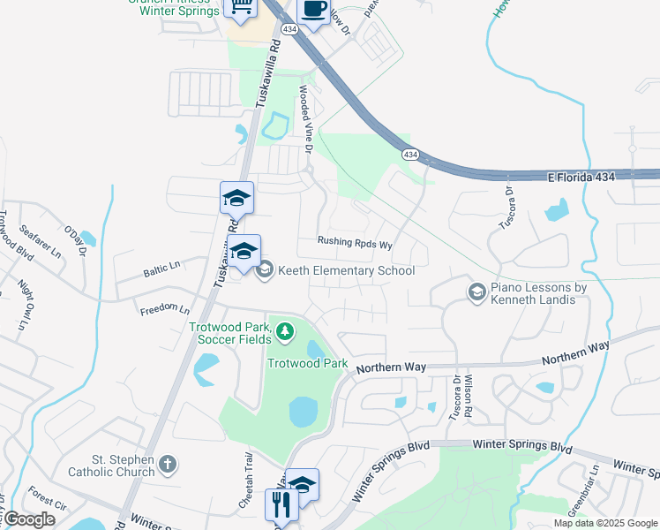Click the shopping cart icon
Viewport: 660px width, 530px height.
coord(242,8)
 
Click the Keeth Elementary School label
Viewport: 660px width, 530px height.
coord(346,270)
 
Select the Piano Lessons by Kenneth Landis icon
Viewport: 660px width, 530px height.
coord(476,291)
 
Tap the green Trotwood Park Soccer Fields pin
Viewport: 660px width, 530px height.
coord(284,332)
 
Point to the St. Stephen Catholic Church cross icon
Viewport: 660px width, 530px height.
coord(168,464)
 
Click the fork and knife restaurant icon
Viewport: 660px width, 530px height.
coord(281,504)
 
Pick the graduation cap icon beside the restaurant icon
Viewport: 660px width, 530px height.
coord(303,484)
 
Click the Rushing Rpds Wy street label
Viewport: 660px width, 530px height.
coord(355,243)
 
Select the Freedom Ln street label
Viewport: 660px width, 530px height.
coord(164,310)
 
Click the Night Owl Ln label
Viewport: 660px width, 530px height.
coord(26,302)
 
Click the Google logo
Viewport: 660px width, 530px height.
coord(28,519)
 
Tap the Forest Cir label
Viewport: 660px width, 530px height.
coord(47,500)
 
